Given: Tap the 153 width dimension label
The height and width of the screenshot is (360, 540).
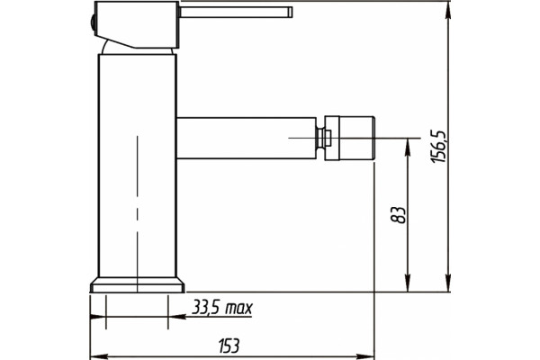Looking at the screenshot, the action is tap(229, 346).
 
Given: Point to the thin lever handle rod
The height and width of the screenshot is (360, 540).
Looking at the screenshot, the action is tap(236, 12).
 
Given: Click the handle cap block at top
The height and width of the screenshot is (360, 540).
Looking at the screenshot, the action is tap(137, 24).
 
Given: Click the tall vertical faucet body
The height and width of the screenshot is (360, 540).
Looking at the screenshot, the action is tap(138, 166).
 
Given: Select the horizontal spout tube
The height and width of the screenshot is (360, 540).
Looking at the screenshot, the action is tap(247, 138).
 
